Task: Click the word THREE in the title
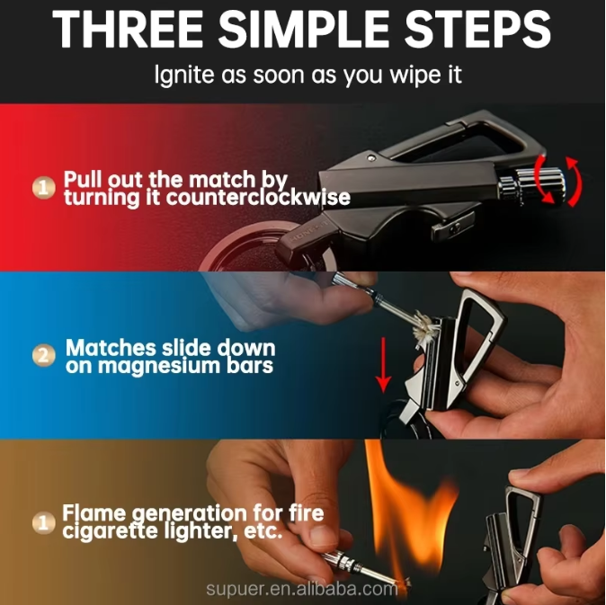point(128,30)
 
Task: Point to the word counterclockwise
point(258,198)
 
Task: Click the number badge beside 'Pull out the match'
point(43,188)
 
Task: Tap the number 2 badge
point(43,356)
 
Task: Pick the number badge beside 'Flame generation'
point(43,523)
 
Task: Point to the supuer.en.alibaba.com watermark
point(302,589)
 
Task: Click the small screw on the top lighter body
point(371,156)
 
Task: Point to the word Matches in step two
point(111,347)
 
